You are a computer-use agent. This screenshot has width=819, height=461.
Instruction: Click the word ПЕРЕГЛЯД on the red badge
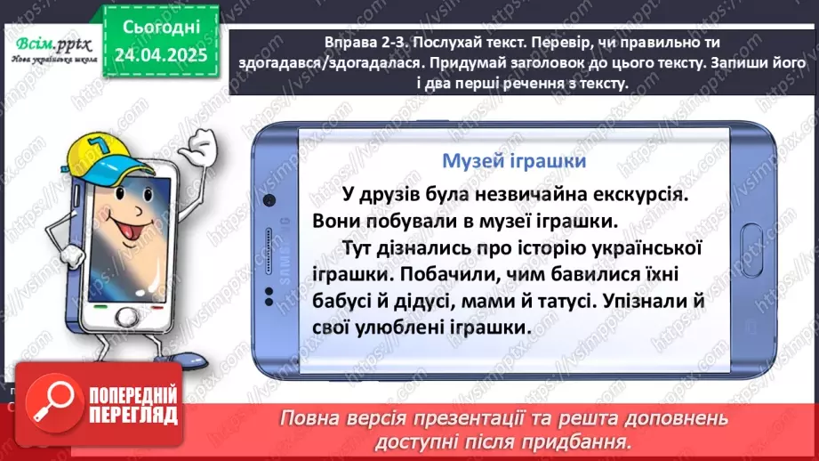[129, 415]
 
